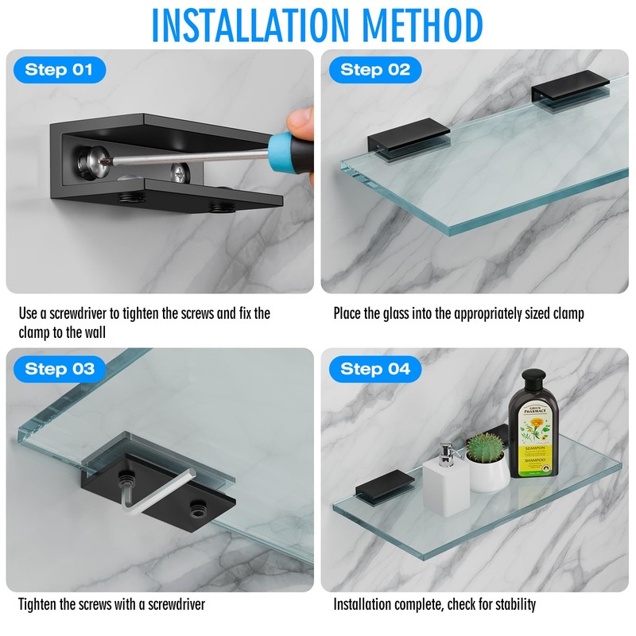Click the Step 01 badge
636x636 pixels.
59,70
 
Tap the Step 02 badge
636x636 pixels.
375,70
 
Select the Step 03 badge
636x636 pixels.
59,369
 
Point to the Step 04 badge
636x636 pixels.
375,369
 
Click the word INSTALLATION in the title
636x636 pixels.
256,25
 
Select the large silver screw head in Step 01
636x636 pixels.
92,158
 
